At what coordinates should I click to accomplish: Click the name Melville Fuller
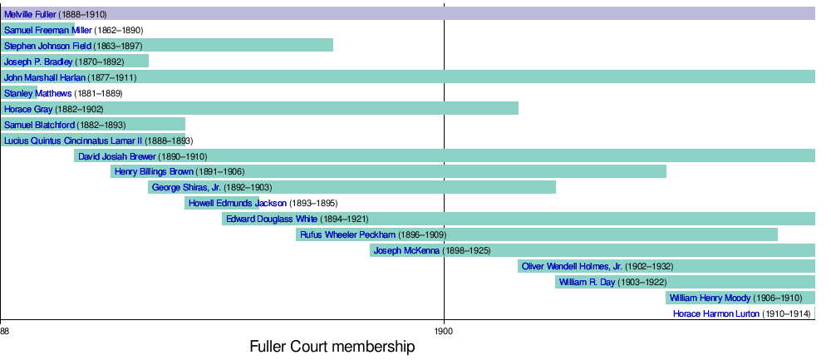point(31,15)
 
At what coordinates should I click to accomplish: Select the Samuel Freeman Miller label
point(48,31)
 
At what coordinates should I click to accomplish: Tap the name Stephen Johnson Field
point(47,46)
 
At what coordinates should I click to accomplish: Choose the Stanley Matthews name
point(38,93)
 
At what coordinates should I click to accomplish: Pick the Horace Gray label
point(28,109)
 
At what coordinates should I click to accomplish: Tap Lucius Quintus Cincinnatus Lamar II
point(73,141)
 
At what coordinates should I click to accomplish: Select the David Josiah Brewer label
point(117,156)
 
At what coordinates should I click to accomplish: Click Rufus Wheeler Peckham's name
point(348,234)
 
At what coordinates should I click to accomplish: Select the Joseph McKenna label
point(407,250)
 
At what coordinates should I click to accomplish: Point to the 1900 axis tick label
point(445,332)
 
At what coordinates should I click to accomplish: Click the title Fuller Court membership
point(332,348)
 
